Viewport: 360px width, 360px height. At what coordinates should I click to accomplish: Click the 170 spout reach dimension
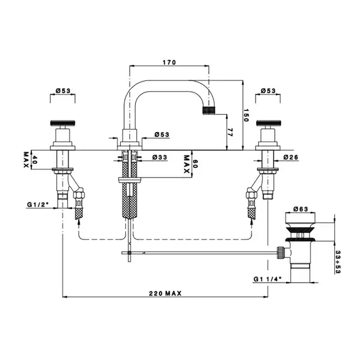[169, 62]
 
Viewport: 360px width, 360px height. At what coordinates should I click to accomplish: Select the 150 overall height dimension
[246, 115]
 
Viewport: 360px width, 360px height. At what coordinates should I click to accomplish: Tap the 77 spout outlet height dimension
[230, 132]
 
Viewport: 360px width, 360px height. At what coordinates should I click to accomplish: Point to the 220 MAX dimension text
[166, 293]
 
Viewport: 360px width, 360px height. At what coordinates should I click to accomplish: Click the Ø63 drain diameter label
[301, 209]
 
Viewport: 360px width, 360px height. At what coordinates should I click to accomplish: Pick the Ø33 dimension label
[160, 157]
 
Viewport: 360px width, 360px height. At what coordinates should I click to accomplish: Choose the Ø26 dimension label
[290, 157]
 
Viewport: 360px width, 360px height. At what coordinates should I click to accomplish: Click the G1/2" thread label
[38, 204]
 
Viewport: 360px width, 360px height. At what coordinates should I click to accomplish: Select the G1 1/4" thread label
[268, 279]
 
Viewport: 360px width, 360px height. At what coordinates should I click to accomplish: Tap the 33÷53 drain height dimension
[338, 262]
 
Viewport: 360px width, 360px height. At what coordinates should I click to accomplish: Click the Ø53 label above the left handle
[63, 91]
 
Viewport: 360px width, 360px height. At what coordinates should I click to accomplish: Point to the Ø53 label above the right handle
[268, 91]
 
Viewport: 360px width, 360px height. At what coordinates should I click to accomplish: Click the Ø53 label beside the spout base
[162, 134]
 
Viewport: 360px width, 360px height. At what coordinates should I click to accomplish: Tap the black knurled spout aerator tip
[209, 110]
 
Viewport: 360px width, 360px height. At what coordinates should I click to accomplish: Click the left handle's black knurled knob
[62, 123]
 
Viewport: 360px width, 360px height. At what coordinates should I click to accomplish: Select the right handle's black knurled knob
[268, 123]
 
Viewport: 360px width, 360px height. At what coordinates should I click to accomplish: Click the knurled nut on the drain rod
[280, 253]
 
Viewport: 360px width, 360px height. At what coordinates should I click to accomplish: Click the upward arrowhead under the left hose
[79, 221]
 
